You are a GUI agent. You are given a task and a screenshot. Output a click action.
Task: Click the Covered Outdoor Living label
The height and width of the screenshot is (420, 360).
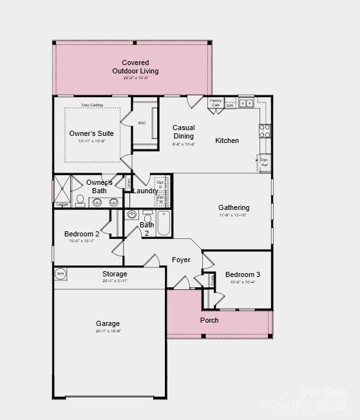tap(135, 67)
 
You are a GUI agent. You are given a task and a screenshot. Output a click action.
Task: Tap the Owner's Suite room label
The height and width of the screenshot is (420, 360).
tap(91, 133)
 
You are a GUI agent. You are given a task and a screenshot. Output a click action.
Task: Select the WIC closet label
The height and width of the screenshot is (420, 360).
tap(142, 122)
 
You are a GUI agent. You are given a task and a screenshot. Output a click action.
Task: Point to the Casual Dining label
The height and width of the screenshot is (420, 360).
tap(184, 131)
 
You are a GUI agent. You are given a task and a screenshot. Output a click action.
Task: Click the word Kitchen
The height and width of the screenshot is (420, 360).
tap(227, 140)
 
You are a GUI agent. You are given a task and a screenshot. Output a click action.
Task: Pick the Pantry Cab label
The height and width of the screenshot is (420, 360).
tap(215, 103)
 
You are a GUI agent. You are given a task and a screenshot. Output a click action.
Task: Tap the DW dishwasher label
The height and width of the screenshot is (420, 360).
tap(230, 104)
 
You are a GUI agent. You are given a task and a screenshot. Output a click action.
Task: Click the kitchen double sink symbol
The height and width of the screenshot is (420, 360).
tap(246, 103)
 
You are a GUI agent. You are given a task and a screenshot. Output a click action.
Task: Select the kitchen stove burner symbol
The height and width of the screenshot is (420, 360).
tap(265, 131)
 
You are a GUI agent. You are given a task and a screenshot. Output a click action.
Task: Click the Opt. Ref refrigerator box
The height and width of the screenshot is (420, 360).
tap(265, 162)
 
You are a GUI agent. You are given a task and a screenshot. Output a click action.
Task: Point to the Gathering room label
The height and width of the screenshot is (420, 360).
tap(234, 207)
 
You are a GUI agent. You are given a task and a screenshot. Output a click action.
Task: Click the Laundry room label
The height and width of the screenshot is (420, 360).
tap(146, 191)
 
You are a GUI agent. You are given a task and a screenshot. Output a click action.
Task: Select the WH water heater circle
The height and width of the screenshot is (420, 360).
tap(61, 274)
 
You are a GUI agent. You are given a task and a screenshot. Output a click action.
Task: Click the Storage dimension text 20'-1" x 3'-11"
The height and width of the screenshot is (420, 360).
tap(115, 281)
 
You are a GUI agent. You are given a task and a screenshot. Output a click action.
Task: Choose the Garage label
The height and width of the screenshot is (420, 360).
tap(108, 323)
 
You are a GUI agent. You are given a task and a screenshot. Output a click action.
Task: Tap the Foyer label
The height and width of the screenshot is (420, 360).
tap(181, 260)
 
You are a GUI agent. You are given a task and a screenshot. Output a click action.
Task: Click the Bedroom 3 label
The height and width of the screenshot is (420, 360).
tap(243, 274)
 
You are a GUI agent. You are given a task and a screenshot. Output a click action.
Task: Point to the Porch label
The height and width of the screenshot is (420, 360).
tap(209, 320)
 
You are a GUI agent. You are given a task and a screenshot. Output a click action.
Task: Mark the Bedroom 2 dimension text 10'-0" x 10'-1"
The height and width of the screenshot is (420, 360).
tap(82, 241)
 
